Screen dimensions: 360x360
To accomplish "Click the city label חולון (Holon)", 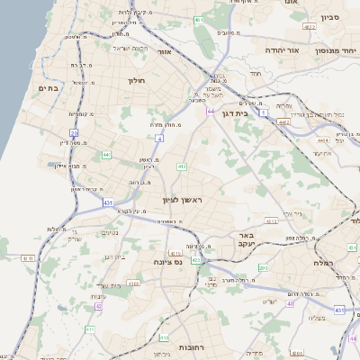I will tap(137, 81).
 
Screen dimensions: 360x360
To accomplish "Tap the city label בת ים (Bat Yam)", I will tap(48, 88).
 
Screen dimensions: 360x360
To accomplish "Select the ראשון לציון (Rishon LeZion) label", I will tap(184, 199).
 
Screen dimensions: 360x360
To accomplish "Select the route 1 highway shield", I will tap(263, 113).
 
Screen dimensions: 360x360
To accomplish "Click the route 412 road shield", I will tap(181, 166).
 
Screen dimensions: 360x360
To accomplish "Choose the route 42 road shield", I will tap(98, 306).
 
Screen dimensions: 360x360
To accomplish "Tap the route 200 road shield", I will tap(262, 268).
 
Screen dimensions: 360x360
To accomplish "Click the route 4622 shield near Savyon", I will tap(310, 28).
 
